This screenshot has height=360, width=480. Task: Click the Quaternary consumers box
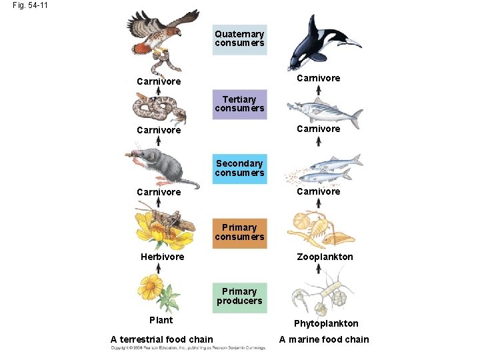239,39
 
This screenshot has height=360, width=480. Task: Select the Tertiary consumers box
239,104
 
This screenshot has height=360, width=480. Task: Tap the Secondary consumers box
239,169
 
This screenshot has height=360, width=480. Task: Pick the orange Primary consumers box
239,233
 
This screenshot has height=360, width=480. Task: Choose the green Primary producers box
239,297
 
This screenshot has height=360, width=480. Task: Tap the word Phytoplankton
327,323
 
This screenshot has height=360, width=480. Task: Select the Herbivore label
162,257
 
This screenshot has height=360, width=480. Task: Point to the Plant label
161,320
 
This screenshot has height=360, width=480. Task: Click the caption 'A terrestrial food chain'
161,339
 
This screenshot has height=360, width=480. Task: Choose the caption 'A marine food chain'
323,339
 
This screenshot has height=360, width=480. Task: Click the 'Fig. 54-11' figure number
29,5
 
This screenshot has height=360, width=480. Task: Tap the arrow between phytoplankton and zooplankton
319,269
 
